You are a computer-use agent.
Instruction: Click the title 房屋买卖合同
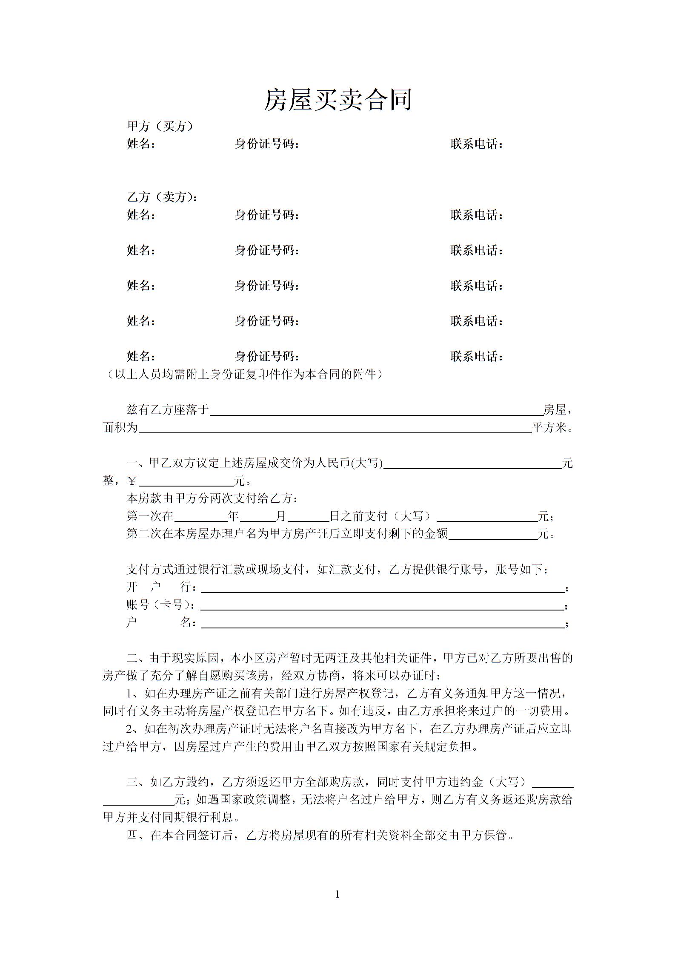click(x=337, y=100)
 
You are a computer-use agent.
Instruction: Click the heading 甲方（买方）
click(x=160, y=126)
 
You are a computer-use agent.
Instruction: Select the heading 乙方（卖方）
click(x=162, y=197)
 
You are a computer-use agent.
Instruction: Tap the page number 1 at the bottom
click(x=337, y=894)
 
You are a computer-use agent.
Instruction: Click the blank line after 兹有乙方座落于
click(x=376, y=411)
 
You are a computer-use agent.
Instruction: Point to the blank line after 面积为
click(x=335, y=429)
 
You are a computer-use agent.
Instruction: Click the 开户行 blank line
click(x=383, y=589)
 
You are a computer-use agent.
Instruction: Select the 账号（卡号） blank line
click(x=382, y=606)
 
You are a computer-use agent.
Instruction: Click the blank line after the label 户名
click(x=383, y=624)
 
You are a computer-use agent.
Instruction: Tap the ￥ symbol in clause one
click(x=132, y=481)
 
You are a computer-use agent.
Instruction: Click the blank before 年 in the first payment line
click(x=201, y=518)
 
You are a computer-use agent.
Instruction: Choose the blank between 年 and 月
click(x=257, y=518)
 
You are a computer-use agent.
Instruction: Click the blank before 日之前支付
click(x=309, y=518)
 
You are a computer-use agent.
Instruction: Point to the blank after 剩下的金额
click(x=493, y=536)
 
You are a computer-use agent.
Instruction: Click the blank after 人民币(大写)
click(x=472, y=464)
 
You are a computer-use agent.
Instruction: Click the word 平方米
click(x=552, y=428)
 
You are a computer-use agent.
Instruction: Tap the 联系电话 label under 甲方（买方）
click(x=477, y=144)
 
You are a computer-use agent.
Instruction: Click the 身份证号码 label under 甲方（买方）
click(x=267, y=144)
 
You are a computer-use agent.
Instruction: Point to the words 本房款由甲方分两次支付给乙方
click(x=212, y=498)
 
